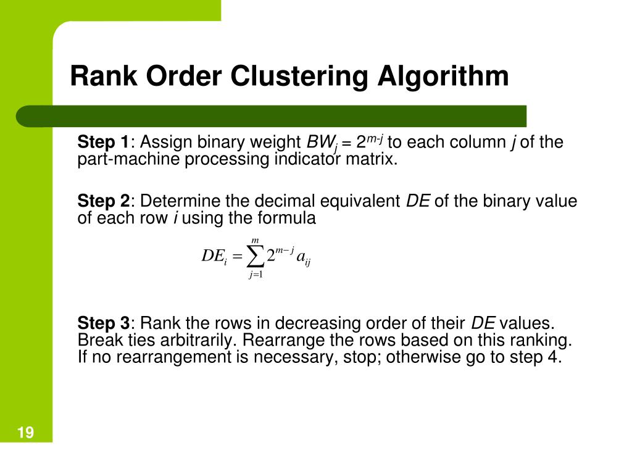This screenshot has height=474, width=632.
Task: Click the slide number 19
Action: tap(26, 433)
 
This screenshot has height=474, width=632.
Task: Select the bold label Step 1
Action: tap(102, 143)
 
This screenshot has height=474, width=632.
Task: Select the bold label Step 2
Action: tap(103, 201)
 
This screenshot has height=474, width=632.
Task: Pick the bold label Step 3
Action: tap(103, 323)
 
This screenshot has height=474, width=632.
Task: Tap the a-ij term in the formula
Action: tap(303, 259)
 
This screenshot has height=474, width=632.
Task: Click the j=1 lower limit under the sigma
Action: tap(256, 275)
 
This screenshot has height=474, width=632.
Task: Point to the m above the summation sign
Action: tap(255, 240)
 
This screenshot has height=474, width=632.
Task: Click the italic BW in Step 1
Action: tap(319, 143)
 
